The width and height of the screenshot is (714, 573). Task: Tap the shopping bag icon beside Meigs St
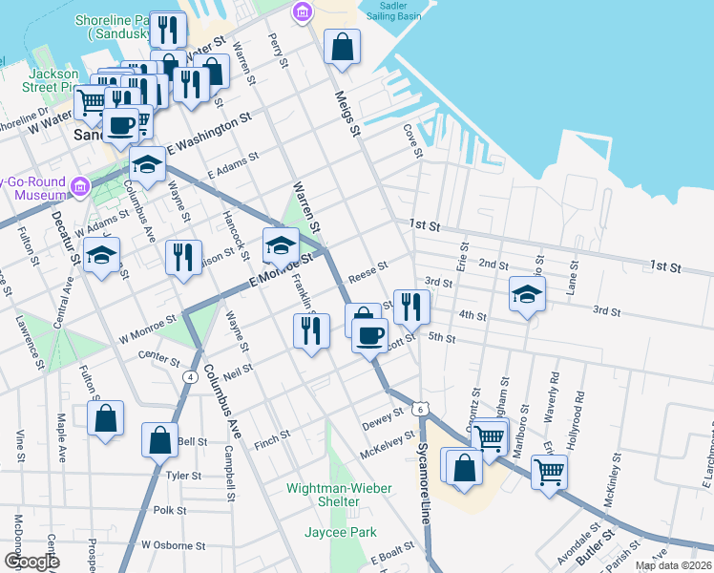pos(342,46)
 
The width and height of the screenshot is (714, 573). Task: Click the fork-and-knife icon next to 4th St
pos(411,306)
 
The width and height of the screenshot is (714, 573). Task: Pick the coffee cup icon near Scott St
pos(369,334)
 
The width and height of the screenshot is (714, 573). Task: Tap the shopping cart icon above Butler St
pos(550,470)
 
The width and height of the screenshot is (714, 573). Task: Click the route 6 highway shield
pos(420,409)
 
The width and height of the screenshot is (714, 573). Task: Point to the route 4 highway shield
pos(192,377)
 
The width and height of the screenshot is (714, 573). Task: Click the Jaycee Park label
pos(341,532)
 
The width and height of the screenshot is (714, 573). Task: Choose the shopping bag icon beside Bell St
pos(159,439)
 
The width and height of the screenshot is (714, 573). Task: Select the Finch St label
pos(271,440)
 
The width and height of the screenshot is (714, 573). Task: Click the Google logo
pos(31,562)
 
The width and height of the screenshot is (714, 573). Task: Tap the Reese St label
pos(367,271)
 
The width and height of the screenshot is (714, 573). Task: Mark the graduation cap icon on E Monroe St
pos(281,244)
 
